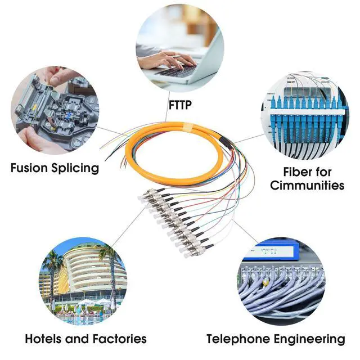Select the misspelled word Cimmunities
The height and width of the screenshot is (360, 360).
[307, 185]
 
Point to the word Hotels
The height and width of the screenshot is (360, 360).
[46, 339]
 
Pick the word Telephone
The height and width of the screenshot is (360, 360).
[240, 339]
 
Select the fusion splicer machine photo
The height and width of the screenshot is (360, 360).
[55, 110]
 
